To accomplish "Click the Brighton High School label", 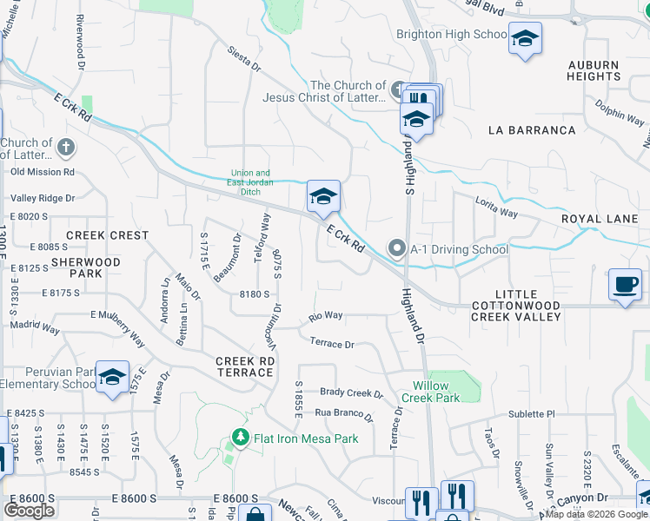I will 451,35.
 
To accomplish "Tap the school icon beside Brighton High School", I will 525,39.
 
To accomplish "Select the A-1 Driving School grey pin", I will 397,249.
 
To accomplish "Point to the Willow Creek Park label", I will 431,392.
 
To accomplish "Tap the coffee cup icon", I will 625,284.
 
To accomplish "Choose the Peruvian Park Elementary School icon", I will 112,378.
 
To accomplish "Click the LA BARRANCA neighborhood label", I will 532,130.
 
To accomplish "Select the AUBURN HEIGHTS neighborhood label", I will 594,70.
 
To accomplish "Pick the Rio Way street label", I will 326,315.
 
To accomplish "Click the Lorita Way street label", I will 496,206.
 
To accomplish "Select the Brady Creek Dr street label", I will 351,393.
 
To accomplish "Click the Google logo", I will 29,511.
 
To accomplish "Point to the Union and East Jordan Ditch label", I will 250,177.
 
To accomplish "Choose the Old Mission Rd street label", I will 43,172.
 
